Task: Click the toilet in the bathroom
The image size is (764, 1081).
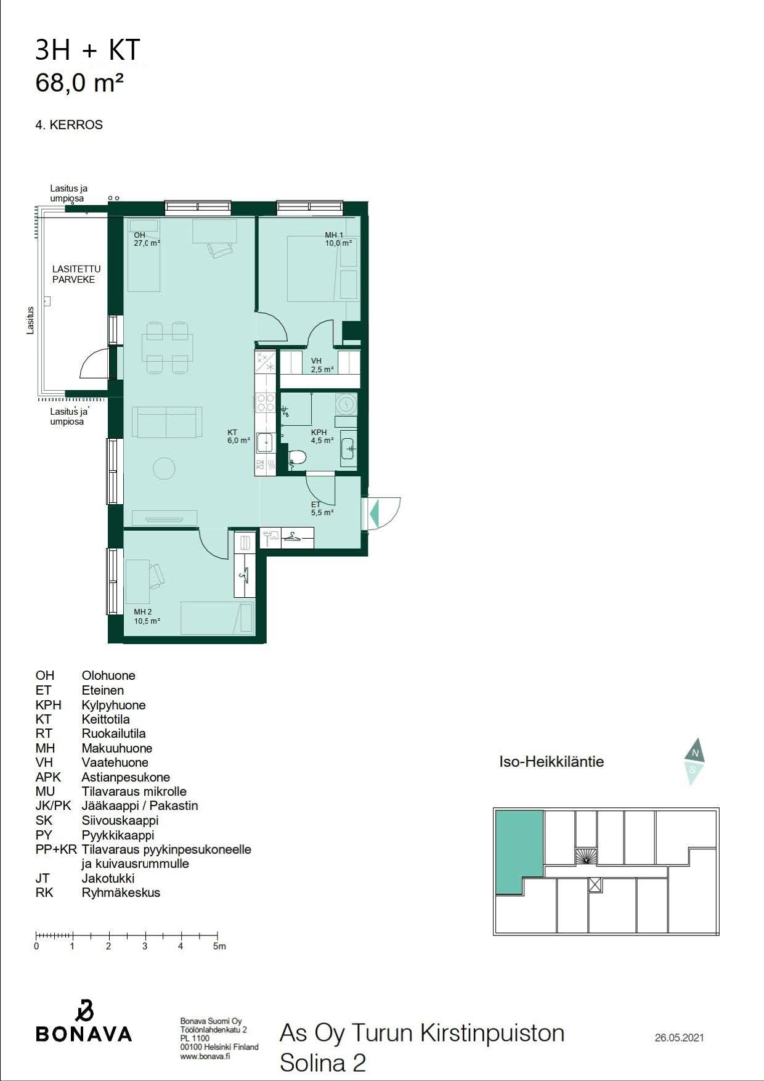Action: [297, 457]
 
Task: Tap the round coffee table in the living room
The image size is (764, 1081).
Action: [164, 468]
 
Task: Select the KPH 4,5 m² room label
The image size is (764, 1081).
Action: [322, 436]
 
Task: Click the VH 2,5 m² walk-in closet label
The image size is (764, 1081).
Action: [322, 365]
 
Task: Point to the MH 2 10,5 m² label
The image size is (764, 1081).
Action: [147, 616]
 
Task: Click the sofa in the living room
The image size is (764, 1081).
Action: [167, 422]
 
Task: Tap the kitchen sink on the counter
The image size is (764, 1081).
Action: [265, 443]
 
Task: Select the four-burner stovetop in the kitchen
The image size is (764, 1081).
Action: [266, 402]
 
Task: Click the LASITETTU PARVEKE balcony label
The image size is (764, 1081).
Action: [76, 274]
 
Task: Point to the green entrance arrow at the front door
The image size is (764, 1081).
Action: [373, 513]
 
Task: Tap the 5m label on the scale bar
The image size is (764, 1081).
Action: [219, 946]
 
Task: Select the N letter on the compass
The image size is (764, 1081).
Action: [696, 753]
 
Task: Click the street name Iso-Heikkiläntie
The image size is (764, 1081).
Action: [551, 762]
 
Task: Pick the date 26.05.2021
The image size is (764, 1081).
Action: [679, 1038]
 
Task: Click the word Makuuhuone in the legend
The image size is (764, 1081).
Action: [117, 748]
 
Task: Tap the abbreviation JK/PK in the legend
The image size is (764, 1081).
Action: [54, 806]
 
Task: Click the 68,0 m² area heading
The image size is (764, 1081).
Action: [79, 83]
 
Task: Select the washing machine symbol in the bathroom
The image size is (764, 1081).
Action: [346, 404]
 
